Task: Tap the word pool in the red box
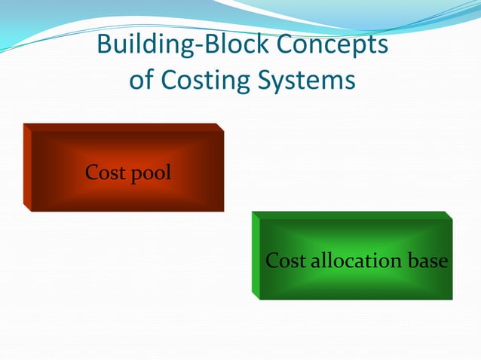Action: [151, 175]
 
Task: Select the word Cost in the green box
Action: [285, 261]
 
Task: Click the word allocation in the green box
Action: [354, 261]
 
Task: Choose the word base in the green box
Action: [427, 261]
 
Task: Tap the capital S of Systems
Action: [269, 81]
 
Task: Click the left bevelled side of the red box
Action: [26, 166]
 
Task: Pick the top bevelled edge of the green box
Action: [351, 215]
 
